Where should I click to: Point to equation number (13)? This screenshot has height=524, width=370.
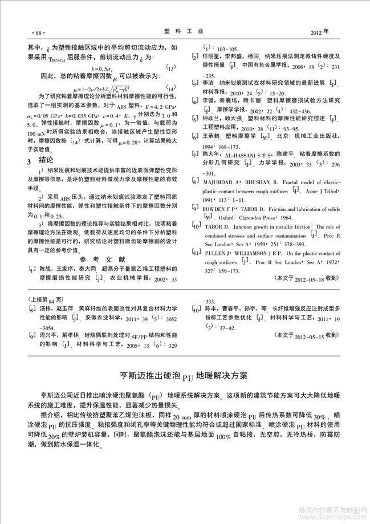coord(172,67)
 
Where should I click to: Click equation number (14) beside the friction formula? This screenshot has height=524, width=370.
coord(172,88)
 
